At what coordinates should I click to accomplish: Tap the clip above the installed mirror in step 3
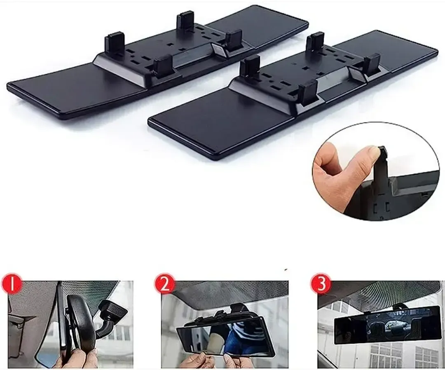tap(399, 306)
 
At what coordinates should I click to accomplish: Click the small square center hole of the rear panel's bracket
tap(170, 44)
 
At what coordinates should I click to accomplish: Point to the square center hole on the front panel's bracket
tap(305, 68)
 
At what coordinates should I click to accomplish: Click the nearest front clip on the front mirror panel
tap(308, 93)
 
